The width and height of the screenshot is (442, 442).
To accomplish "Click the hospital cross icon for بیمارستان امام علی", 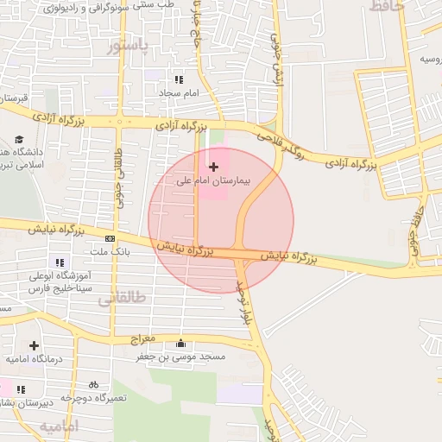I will point(214,166).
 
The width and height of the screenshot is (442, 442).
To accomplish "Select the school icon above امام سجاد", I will point(179,79).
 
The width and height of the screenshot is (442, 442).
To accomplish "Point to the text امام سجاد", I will point(179,92).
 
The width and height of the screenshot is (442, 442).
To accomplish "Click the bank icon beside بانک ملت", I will point(110,237).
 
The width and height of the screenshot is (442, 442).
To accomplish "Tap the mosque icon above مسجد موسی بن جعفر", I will point(180,342).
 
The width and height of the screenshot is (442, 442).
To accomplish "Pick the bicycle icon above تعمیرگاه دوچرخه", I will point(93,384).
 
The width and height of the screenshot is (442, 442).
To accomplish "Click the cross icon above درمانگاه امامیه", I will point(33,344).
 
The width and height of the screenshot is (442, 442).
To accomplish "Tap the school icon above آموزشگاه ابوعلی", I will point(60,262).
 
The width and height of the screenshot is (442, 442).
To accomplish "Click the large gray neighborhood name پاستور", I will point(129,46).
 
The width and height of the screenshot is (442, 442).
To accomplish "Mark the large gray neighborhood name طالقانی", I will point(122,298).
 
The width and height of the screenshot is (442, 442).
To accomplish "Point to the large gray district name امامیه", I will point(59,426).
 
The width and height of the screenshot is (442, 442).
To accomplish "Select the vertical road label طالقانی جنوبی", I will point(118,176).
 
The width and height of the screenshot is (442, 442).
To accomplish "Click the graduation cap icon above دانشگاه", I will point(20,139).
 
